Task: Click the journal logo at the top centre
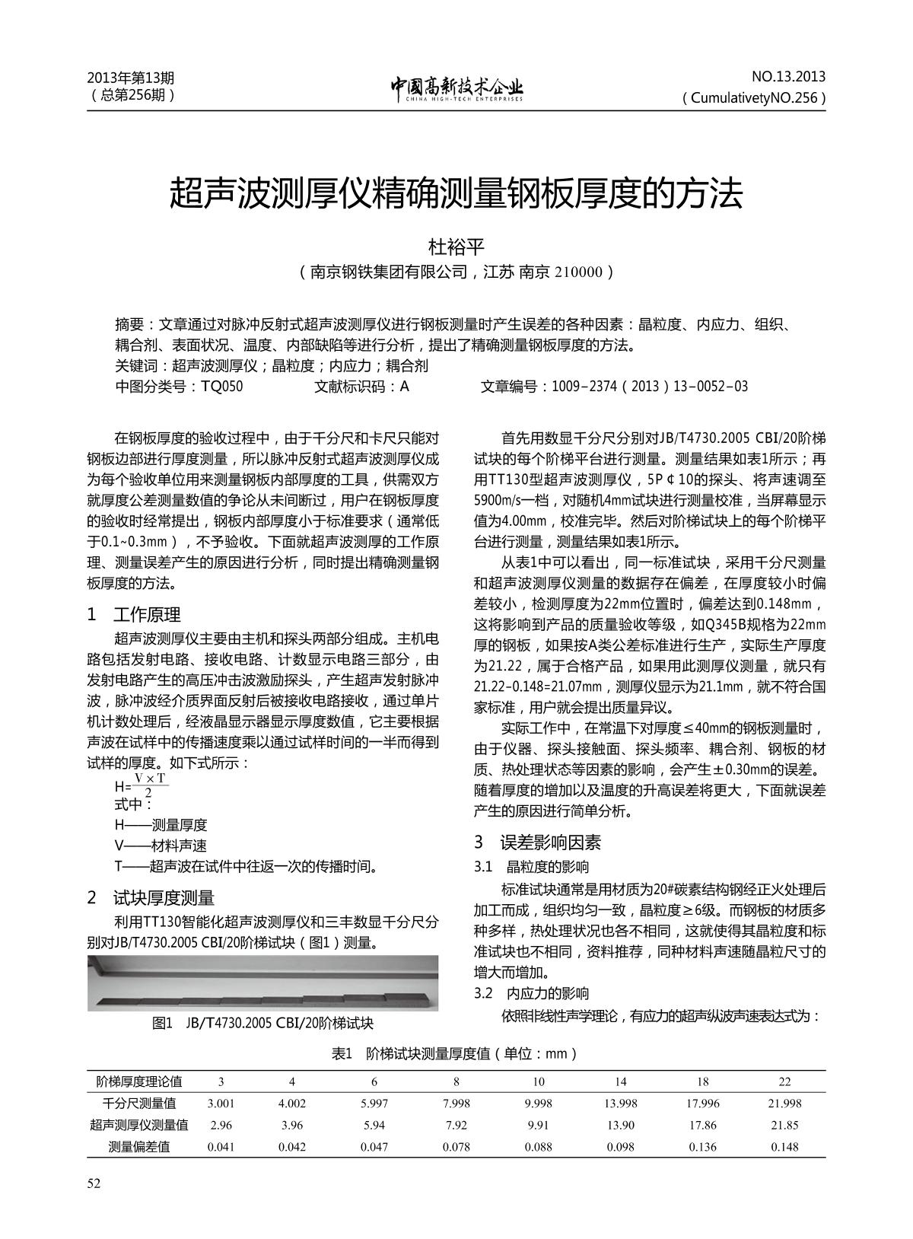456,88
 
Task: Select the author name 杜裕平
456,247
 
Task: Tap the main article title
456,193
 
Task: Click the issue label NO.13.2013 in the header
788,77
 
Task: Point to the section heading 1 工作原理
135,615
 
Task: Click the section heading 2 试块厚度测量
151,898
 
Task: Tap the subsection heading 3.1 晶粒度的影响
531,867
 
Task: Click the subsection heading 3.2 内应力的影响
531,993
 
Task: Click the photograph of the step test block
262,983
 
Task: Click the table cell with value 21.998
784,1104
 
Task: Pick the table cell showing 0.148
784,1147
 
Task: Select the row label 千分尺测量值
139,1104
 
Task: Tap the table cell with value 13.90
620,1125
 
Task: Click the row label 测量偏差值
139,1147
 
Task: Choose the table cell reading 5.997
374,1104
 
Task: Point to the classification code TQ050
221,387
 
